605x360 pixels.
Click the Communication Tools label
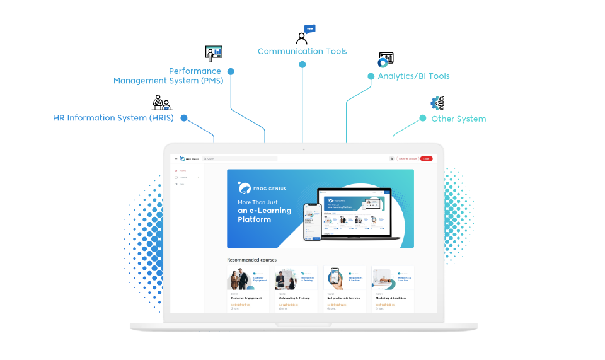(302, 51)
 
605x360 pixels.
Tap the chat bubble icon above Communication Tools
(309, 30)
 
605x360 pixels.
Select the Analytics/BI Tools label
(413, 76)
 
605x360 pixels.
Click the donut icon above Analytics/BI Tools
(383, 62)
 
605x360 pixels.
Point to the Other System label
(458, 119)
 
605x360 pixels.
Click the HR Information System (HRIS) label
(113, 118)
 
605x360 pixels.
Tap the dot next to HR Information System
(184, 118)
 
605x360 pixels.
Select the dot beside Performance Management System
(231, 72)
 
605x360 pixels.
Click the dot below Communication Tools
(302, 65)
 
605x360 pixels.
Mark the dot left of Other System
(423, 118)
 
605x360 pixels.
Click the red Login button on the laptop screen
(427, 159)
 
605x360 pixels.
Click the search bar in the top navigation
(239, 159)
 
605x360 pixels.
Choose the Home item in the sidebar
(182, 171)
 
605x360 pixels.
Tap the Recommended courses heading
(251, 260)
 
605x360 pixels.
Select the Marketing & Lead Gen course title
(391, 298)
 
